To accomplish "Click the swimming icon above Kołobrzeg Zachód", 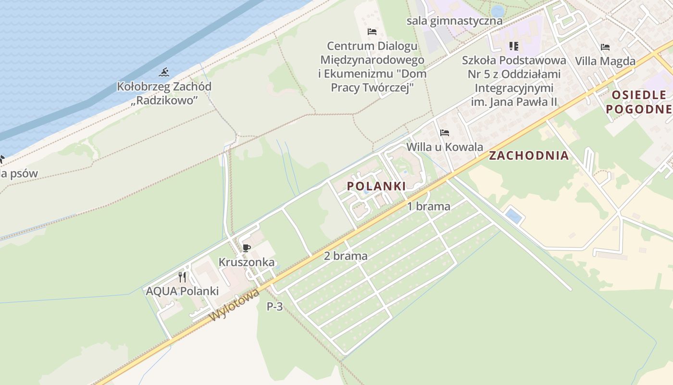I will (164, 73).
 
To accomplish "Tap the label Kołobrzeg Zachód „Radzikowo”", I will (164, 94).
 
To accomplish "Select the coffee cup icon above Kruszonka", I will (246, 248).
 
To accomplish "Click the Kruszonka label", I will (247, 262).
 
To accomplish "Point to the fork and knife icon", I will (182, 277).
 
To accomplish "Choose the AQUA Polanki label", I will (182, 291).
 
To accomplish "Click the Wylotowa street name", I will (234, 305).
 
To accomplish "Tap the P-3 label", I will (274, 307).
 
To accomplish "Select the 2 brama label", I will (346, 256).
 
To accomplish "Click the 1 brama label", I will (429, 206).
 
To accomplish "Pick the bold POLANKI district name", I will (376, 186).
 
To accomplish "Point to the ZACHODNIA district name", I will (529, 155).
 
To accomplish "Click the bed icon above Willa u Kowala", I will (445, 133).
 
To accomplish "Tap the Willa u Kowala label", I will (445, 147).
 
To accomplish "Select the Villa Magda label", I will (605, 61).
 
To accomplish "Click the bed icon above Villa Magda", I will (605, 47).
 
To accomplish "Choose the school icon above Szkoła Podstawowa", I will (514, 46).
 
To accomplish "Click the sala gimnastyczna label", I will (454, 21).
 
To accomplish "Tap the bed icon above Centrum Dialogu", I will (372, 32).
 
